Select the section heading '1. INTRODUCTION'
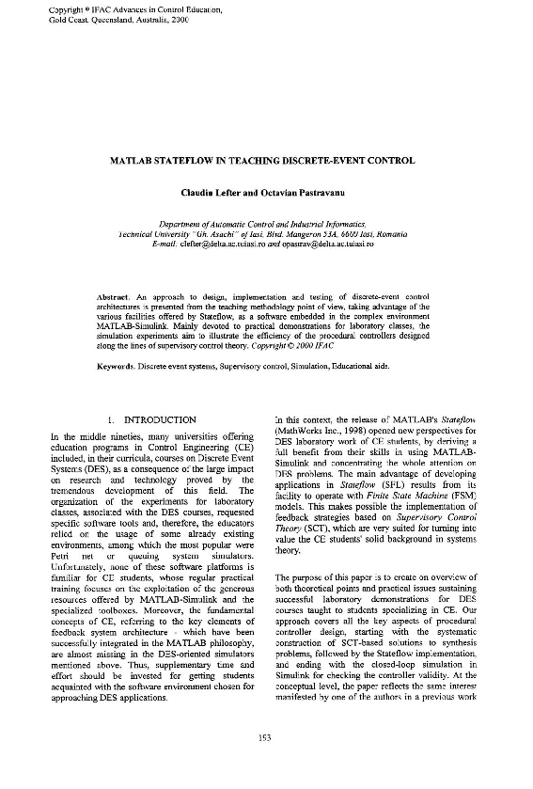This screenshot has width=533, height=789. [151, 419]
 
